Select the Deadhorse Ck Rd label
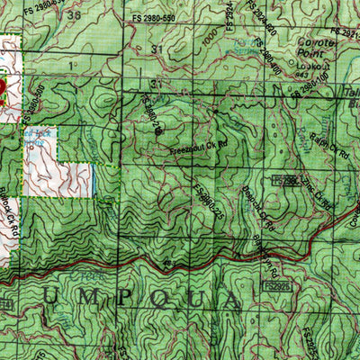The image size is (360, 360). [236, 209]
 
